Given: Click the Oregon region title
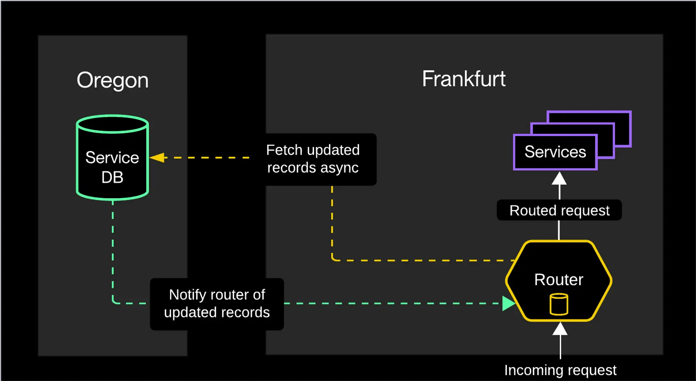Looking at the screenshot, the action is (x=113, y=80).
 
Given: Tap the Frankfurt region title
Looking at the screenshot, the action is (x=464, y=79).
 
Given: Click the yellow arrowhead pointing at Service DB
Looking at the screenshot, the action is (x=157, y=158).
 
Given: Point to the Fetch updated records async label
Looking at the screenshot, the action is (x=313, y=159).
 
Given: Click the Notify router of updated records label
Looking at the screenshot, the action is (x=217, y=304).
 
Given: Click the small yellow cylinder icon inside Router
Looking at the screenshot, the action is (x=559, y=304).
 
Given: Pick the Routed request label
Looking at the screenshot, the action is (x=559, y=210).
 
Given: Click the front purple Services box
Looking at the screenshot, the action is (x=555, y=152).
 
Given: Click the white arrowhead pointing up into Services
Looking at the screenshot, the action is (x=559, y=179).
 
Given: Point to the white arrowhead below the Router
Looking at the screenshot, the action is (x=560, y=329).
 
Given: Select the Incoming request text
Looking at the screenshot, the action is (x=560, y=370).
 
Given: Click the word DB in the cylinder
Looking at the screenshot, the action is (x=112, y=177).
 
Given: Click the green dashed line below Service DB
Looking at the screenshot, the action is (x=113, y=247).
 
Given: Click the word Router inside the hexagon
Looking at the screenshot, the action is (x=559, y=280).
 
